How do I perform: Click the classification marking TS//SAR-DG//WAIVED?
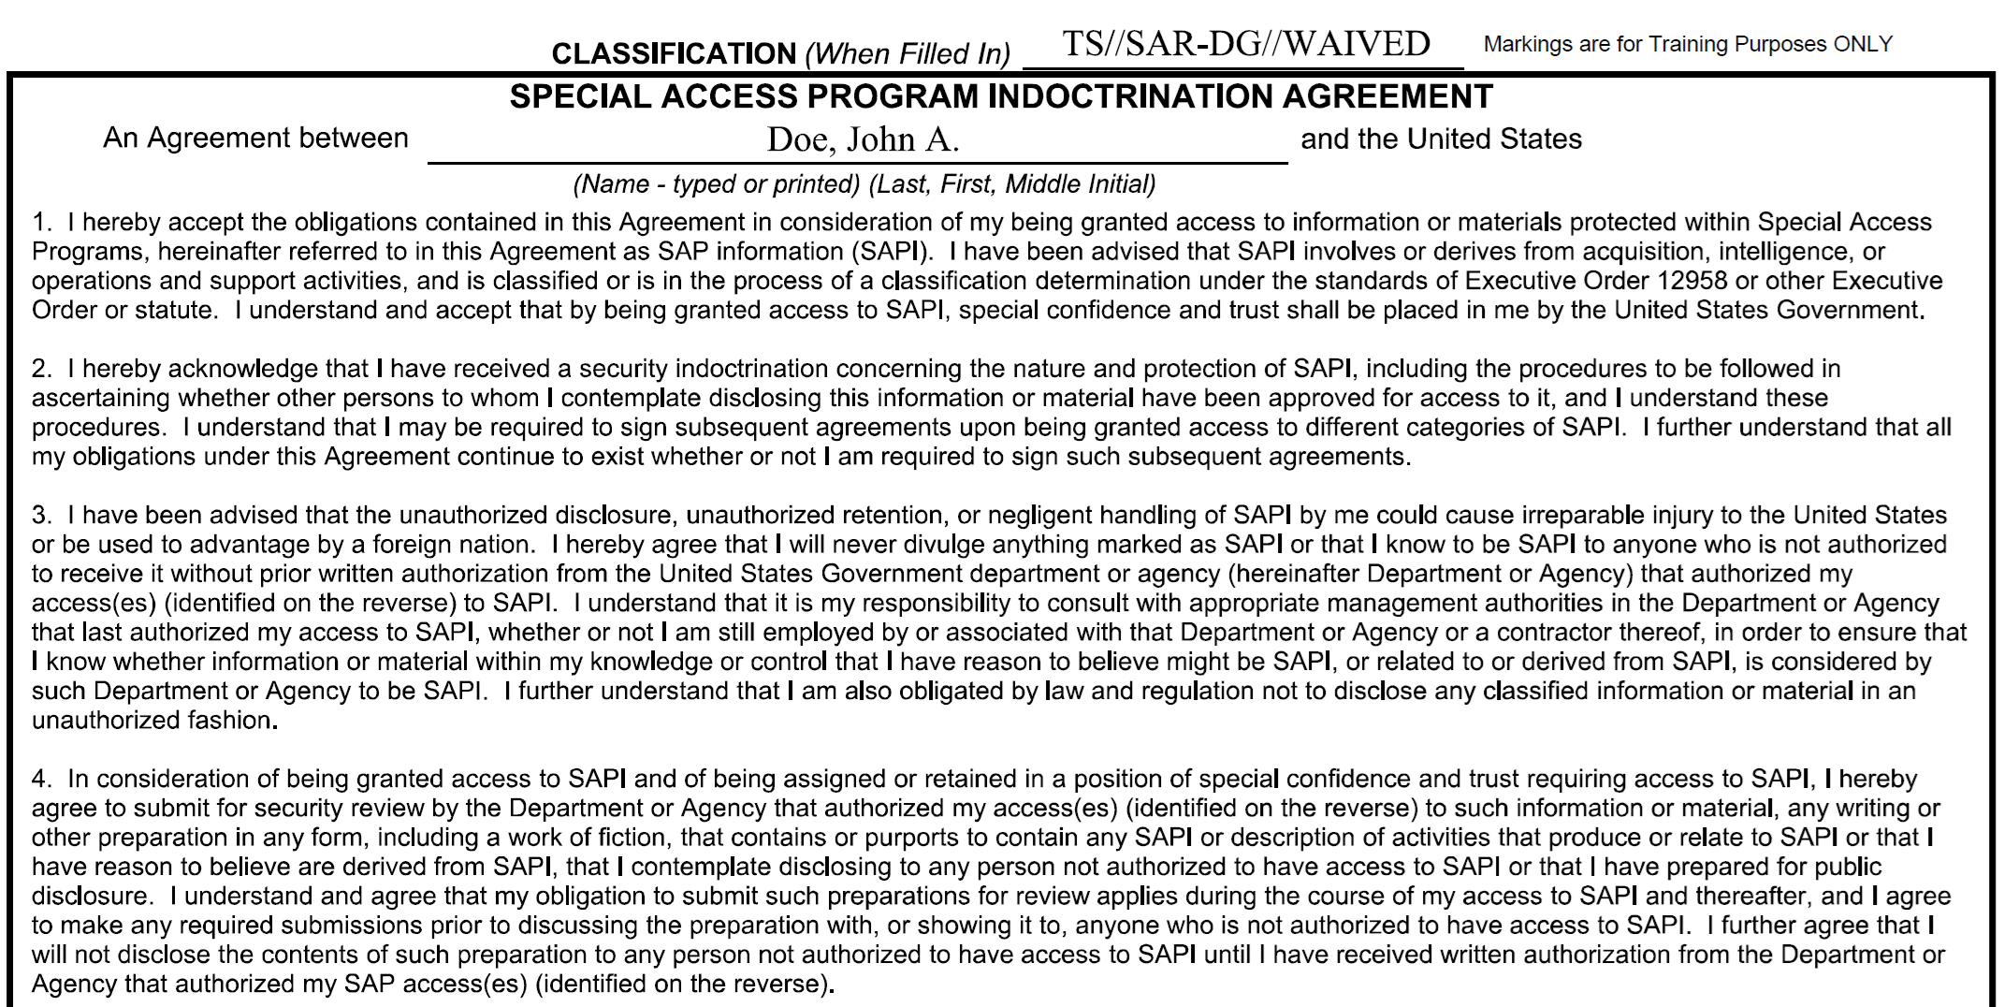click(1245, 44)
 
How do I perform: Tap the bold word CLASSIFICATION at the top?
click(673, 54)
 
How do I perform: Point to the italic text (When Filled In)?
click(908, 54)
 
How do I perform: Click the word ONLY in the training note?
click(1863, 44)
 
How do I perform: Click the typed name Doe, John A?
click(863, 139)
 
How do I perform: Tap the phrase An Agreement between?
click(255, 139)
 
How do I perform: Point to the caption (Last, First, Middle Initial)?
click(1012, 184)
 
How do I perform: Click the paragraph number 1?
click(41, 223)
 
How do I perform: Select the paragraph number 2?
click(41, 369)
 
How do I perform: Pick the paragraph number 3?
click(41, 516)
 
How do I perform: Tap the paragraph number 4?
click(41, 779)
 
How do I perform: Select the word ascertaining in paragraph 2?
click(101, 399)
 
